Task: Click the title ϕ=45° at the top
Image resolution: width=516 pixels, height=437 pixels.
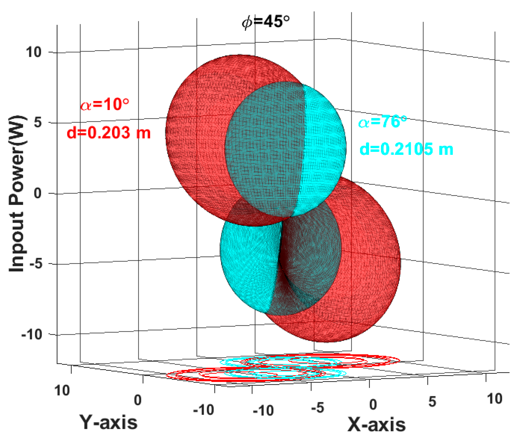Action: tap(265, 22)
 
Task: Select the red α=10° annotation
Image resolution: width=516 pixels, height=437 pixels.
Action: tap(105, 105)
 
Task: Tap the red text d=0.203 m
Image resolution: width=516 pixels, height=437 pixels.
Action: tap(108, 132)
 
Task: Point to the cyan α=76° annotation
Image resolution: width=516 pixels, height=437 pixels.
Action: tap(382, 122)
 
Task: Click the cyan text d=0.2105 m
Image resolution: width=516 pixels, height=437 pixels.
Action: tap(406, 149)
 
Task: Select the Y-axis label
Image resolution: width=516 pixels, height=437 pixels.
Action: tap(108, 422)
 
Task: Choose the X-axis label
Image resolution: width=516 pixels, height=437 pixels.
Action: tap(376, 424)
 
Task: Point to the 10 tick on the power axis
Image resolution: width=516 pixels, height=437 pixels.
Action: tap(33, 52)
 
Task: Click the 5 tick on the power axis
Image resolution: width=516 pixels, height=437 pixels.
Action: tap(38, 123)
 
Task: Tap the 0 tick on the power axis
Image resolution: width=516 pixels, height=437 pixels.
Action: tap(38, 193)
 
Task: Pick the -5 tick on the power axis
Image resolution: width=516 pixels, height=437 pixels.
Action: tap(35, 264)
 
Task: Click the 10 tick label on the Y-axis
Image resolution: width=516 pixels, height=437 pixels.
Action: tap(62, 390)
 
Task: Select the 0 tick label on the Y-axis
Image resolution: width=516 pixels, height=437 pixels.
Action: tap(138, 400)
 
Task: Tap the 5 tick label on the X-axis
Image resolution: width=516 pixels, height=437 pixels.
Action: tap(432, 401)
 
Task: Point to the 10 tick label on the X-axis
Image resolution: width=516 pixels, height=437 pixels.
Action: tap(494, 399)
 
